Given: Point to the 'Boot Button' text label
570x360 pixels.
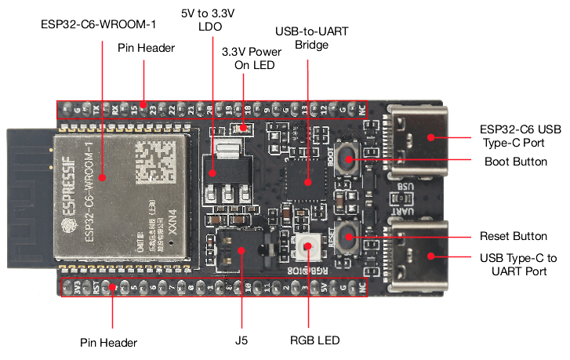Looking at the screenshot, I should click(516, 161).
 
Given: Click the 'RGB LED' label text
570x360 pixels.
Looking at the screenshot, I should click(314, 340).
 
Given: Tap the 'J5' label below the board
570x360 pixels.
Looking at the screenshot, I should click(240, 340).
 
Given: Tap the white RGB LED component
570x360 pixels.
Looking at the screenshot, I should click(307, 248).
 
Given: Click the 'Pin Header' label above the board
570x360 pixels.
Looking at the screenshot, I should click(146, 48).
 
